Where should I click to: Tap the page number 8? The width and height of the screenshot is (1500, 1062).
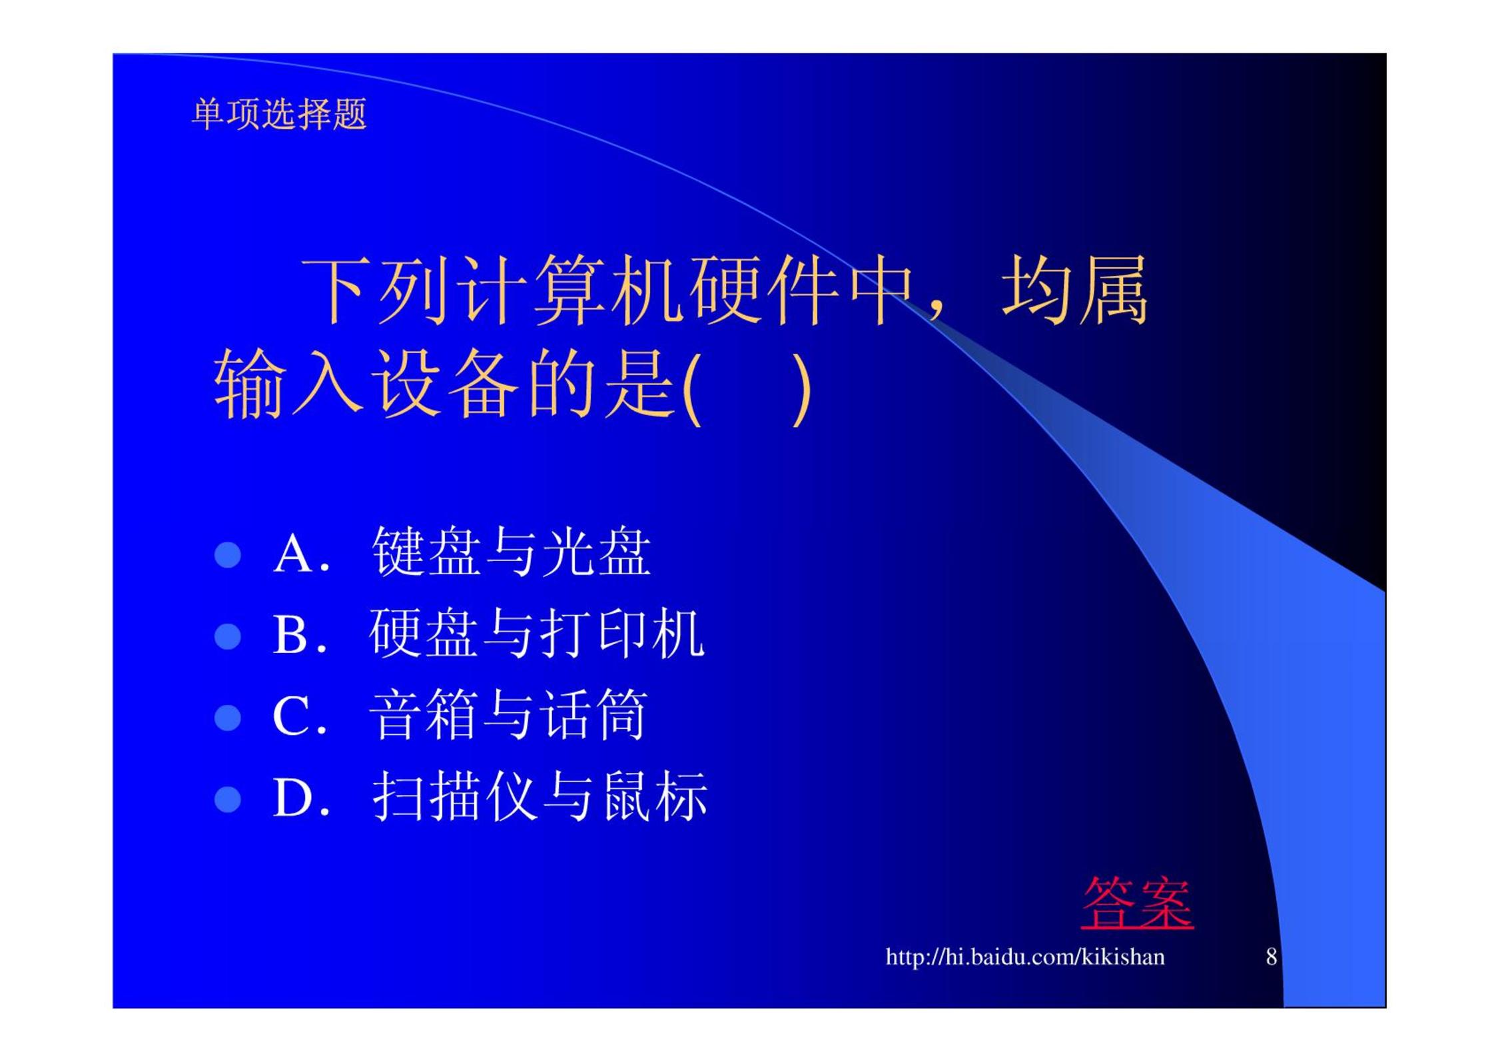pos(1271,957)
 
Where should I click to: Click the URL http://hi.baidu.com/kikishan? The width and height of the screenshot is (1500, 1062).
pos(1025,957)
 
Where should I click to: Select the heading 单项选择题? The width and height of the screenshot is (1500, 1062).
pos(279,114)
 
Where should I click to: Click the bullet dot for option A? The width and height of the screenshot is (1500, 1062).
pos(228,554)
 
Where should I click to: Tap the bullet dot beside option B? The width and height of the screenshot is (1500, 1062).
pos(228,636)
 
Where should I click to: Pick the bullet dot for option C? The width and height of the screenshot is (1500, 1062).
pos(228,718)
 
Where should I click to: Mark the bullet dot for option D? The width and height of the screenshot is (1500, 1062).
pos(228,799)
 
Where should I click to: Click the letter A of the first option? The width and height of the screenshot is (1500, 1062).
pos(293,554)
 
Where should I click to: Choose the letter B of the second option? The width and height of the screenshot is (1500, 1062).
pos(290,635)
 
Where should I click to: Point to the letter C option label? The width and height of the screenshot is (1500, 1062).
pos(291,716)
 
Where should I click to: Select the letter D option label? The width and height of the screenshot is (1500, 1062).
pos(292,797)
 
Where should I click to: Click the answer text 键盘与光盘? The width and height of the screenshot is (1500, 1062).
pos(512,552)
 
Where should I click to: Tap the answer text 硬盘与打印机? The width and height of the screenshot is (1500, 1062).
pos(537,633)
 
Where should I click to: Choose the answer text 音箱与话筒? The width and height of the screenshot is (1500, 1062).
pos(508,715)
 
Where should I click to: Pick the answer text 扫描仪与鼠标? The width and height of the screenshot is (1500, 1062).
pos(540,796)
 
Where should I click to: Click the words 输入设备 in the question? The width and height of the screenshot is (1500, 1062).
pos(366,384)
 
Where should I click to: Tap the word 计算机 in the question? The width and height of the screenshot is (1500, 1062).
pos(571,290)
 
